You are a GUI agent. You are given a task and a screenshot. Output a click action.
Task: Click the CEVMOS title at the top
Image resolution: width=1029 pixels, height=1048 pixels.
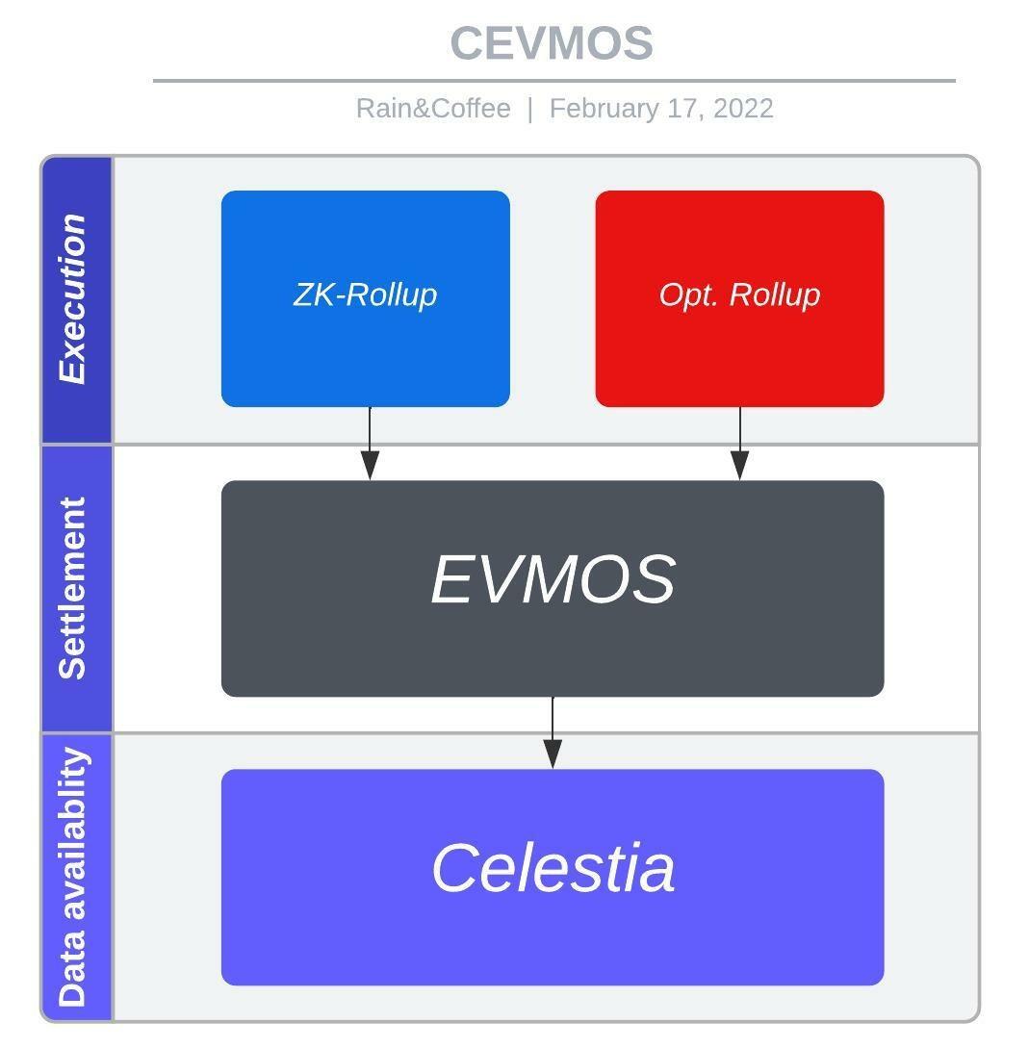(552, 43)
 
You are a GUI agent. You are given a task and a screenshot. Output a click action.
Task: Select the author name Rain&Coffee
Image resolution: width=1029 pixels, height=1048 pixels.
(433, 108)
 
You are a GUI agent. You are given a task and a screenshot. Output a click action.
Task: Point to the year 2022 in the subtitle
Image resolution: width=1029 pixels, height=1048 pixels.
(743, 108)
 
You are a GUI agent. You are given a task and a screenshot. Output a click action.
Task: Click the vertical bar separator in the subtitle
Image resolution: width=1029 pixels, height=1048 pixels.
(529, 108)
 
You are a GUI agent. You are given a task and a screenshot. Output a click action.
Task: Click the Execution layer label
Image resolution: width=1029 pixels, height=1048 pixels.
(73, 299)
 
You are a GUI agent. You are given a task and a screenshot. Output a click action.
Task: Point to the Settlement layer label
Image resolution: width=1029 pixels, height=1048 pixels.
(73, 588)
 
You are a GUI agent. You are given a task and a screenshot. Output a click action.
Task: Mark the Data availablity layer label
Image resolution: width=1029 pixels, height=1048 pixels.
(73, 877)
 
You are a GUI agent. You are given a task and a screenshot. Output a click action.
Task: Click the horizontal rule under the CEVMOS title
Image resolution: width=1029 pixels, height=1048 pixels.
(553, 81)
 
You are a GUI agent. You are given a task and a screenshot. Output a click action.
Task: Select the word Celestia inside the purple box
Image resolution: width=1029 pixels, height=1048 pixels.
(553, 868)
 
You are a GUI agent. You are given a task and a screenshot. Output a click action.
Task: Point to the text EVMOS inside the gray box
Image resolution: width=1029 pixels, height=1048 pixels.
(553, 579)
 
